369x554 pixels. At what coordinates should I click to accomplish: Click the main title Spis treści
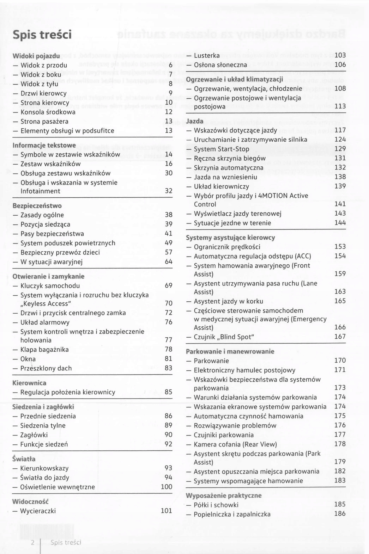(x=42, y=35)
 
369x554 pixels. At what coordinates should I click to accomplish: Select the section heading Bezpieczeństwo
(x=37, y=205)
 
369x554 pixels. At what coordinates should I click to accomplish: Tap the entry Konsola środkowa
(x=48, y=112)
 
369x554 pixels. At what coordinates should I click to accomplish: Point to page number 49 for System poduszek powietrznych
(x=169, y=243)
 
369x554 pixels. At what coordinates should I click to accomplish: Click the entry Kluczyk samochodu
(x=50, y=286)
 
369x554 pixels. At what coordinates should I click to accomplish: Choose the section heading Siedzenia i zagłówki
(x=43, y=407)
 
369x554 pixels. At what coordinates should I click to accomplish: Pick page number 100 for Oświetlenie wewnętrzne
(x=167, y=487)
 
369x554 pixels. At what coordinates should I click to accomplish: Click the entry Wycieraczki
(x=38, y=511)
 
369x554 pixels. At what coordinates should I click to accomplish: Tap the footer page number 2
(x=33, y=542)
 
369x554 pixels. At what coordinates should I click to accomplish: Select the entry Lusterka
(x=207, y=55)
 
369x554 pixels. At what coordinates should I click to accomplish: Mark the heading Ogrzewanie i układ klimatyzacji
(x=234, y=79)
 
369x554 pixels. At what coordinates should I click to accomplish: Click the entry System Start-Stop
(x=222, y=149)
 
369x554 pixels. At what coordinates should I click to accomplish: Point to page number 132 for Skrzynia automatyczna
(x=340, y=167)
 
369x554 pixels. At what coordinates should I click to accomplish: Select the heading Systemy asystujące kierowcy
(x=230, y=238)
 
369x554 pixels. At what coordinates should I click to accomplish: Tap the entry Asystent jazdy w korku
(x=228, y=301)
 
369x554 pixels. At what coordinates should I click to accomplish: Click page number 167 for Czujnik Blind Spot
(x=340, y=337)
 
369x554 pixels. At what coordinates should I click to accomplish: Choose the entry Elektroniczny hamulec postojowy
(x=244, y=370)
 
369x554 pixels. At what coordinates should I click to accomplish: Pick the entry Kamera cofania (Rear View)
(x=235, y=444)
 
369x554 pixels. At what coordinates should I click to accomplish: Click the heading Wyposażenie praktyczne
(x=224, y=495)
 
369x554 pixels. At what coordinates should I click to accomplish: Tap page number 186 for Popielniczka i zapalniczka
(x=340, y=513)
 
